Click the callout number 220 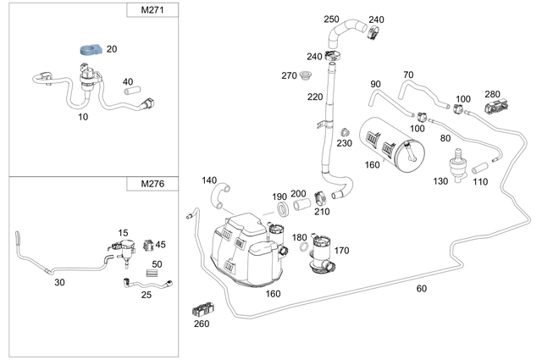pyautogui.click(x=315, y=97)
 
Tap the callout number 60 pyautogui.click(x=422, y=289)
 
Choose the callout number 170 pyautogui.click(x=341, y=251)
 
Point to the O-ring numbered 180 pyautogui.click(x=304, y=248)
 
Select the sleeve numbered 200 pyautogui.click(x=300, y=206)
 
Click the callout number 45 pyautogui.click(x=160, y=245)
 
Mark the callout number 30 pyautogui.click(x=59, y=281)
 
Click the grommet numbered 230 pyautogui.click(x=346, y=133)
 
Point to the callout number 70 pyautogui.click(x=408, y=75)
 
